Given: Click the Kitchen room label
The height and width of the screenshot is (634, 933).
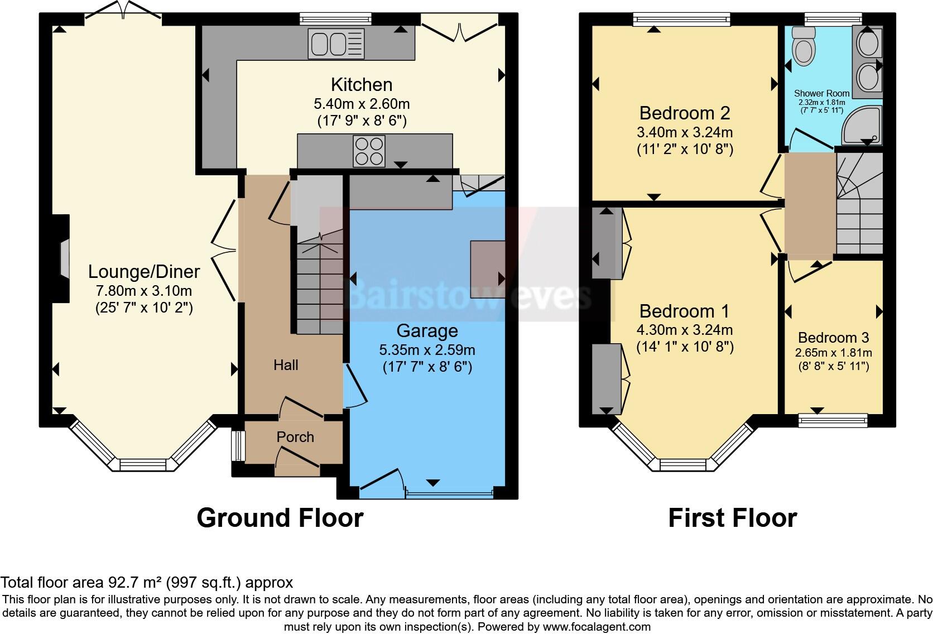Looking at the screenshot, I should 362,85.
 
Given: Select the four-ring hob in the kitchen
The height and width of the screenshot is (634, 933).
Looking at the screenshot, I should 369,150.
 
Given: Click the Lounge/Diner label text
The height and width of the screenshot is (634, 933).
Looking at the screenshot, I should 144,272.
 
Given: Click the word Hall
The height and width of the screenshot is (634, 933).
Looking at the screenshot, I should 286,365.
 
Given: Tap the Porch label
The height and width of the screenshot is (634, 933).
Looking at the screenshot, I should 295,437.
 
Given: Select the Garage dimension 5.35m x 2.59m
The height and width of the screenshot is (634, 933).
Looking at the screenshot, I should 427,350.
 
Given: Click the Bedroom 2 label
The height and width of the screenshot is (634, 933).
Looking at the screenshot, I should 684,113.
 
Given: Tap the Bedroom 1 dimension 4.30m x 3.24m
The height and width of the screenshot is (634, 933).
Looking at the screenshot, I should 685,330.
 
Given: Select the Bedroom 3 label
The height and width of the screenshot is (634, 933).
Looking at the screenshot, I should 833,338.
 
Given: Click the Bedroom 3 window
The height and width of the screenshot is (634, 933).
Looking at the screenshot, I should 833,420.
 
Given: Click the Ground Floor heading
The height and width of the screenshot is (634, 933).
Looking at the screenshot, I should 280,517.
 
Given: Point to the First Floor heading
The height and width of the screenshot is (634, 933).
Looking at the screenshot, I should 732,517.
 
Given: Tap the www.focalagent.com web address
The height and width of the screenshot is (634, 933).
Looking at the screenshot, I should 596,626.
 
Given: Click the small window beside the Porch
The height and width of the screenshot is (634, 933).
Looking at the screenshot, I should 238,445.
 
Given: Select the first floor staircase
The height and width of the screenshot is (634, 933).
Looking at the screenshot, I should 859,204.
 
